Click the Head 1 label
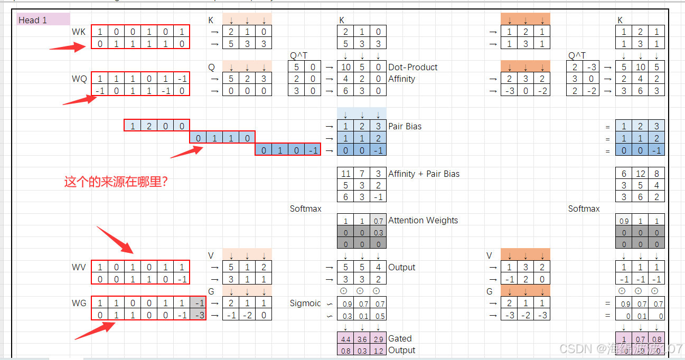tap(33, 20)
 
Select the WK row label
tap(79, 32)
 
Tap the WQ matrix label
tap(79, 79)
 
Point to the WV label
tap(79, 268)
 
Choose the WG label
tap(79, 304)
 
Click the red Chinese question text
tap(119, 182)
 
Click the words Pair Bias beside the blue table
tap(405, 127)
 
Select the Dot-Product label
tap(413, 67)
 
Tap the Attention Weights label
tap(423, 220)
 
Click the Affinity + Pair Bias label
tap(424, 174)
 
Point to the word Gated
tap(400, 338)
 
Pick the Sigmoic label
tap(305, 304)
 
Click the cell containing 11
tap(346, 174)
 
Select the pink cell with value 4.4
tap(345, 339)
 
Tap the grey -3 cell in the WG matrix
tap(199, 315)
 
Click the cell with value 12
tap(640, 174)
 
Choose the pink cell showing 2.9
tap(378, 339)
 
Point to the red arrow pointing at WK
tap(67, 48)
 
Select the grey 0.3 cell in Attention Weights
tap(378, 232)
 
